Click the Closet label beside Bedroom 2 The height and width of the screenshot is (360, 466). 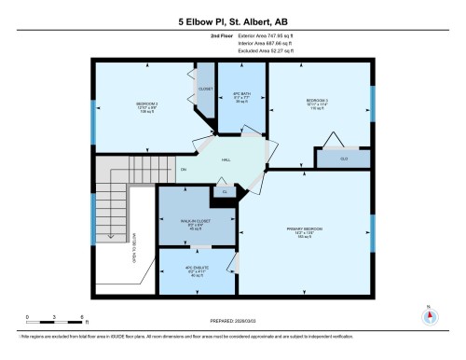[205, 90]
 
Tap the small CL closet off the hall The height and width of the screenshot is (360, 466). [225, 192]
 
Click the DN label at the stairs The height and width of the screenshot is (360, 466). [183, 170]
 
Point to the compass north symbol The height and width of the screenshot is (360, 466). [429, 314]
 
